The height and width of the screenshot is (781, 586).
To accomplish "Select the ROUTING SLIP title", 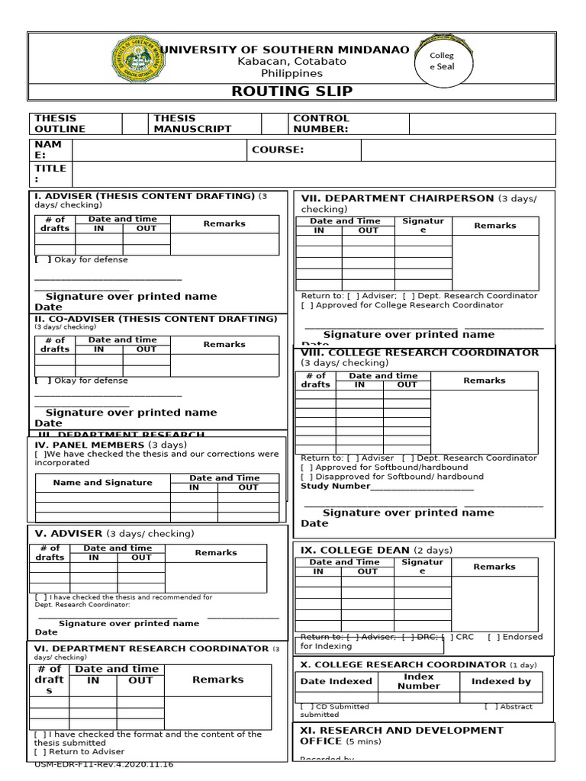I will (x=292, y=92).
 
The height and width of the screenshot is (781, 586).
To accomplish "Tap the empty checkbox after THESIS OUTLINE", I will (x=134, y=124).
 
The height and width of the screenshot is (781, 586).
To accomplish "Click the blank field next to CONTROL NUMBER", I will (x=482, y=124).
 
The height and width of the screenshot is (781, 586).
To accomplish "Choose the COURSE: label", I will (x=278, y=150).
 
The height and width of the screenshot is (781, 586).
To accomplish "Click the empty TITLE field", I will (x=313, y=173).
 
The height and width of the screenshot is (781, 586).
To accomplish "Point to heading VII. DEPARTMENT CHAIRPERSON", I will (x=398, y=198).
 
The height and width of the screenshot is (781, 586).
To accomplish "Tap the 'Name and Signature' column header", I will (x=102, y=483).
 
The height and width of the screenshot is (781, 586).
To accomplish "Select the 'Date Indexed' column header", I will (x=336, y=682).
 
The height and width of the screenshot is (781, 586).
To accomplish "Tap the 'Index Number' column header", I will (x=419, y=681).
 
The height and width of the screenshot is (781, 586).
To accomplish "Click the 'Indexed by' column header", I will (x=501, y=682).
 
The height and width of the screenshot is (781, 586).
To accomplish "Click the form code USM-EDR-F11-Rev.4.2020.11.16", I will (x=105, y=764).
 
